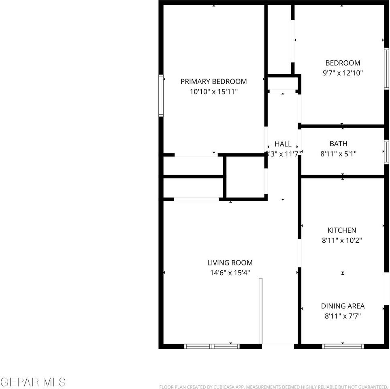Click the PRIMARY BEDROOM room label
[x=213, y=81]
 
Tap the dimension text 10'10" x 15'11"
[x=213, y=92]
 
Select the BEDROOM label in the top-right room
[x=343, y=63]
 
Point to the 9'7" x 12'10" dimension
[x=343, y=73]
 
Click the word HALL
[x=283, y=144]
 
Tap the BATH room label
[x=338, y=144]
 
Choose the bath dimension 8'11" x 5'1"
[x=338, y=154]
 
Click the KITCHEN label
[x=342, y=230]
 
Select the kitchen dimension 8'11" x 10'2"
[x=342, y=240]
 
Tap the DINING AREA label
[x=343, y=306]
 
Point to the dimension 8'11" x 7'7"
[x=343, y=316]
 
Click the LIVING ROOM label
[x=230, y=263]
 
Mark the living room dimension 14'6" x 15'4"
[x=230, y=273]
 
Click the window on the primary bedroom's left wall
[x=161, y=96]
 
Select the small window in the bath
[x=386, y=152]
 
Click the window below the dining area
[x=343, y=346]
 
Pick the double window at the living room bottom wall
[x=212, y=346]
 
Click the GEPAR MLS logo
[x=33, y=382]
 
